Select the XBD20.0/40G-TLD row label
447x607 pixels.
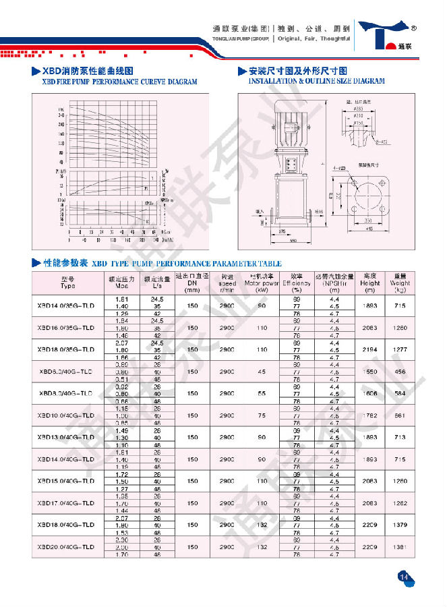(x=67, y=547)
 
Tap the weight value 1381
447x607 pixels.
(x=401, y=547)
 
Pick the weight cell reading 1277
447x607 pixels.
(x=401, y=350)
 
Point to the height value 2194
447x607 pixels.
(x=369, y=350)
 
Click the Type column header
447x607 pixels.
(x=67, y=282)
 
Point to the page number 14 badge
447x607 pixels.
(x=405, y=576)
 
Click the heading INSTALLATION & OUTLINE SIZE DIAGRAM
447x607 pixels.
(x=317, y=82)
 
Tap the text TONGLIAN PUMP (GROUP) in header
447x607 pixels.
(x=242, y=39)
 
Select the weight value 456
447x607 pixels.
(x=401, y=372)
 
